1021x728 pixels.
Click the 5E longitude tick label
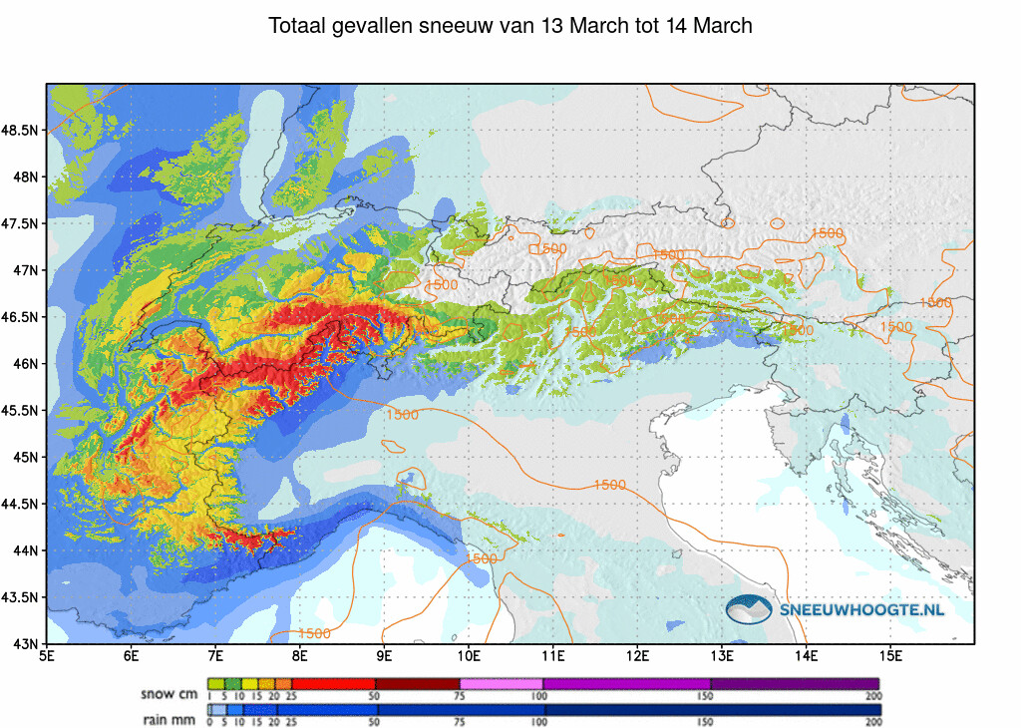click(x=47, y=656)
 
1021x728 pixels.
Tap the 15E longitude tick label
click(x=891, y=656)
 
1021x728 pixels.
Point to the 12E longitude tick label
click(x=638, y=656)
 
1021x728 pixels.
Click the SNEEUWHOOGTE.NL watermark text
click(x=862, y=609)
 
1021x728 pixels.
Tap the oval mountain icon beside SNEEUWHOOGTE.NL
click(x=750, y=609)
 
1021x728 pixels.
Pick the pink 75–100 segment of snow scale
click(x=502, y=683)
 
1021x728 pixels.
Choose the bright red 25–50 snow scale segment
click(x=333, y=683)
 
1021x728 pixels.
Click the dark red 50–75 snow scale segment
click(x=417, y=683)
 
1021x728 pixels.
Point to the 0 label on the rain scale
click(x=209, y=721)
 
